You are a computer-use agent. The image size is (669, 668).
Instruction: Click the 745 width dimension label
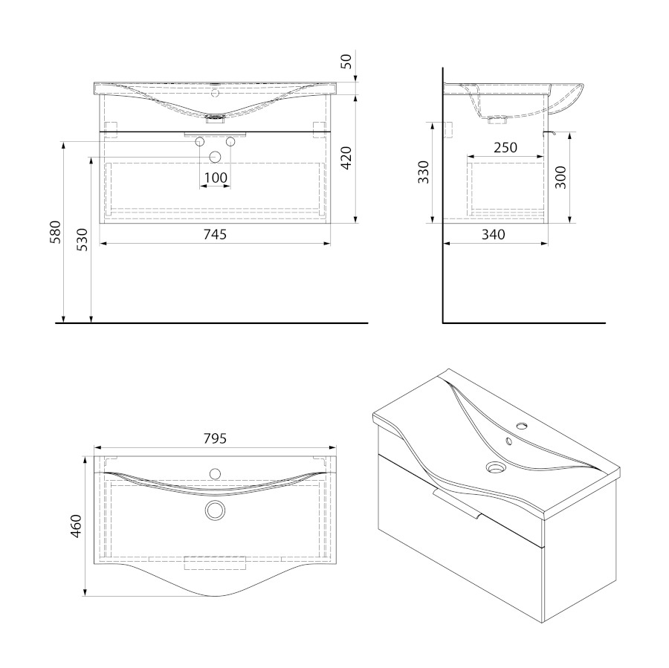pyautogui.click(x=215, y=234)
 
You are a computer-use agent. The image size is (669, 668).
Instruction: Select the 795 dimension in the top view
pyautogui.click(x=215, y=438)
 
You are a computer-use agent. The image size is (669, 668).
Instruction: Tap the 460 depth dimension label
pyautogui.click(x=76, y=526)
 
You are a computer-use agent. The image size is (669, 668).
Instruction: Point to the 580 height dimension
pyautogui.click(x=56, y=232)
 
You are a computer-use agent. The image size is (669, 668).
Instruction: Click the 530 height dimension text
pyautogui.click(x=82, y=239)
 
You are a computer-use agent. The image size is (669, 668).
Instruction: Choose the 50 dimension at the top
pyautogui.click(x=346, y=62)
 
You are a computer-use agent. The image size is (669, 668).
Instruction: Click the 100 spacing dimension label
pyautogui.click(x=216, y=178)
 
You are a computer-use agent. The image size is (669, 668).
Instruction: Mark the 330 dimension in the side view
pyautogui.click(x=423, y=172)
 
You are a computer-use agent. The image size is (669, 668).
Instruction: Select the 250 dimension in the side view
pyautogui.click(x=505, y=148)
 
